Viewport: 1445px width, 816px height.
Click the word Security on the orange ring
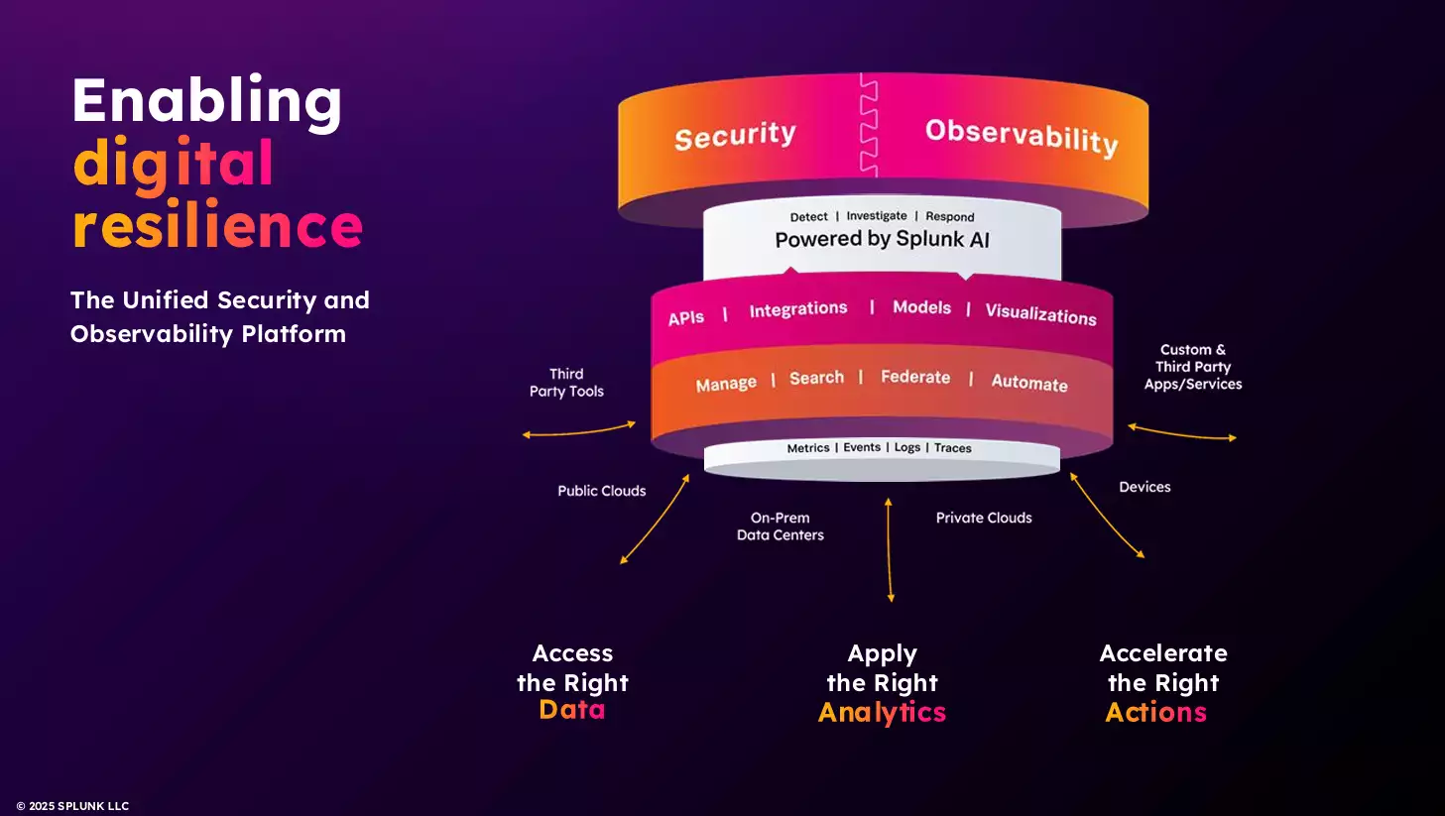point(735,136)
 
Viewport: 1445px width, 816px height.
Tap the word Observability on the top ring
point(1022,136)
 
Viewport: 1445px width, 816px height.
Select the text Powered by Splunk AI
point(882,239)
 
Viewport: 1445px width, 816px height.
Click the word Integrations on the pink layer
point(797,310)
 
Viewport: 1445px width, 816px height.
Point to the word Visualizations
point(1040,313)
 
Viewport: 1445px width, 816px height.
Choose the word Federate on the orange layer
point(914,377)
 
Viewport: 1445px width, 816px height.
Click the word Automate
point(1028,383)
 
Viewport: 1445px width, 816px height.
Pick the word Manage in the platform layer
point(726,384)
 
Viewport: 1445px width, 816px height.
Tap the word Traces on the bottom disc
point(952,448)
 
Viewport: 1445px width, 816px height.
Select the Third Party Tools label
point(566,383)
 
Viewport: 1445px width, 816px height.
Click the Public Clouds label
point(601,491)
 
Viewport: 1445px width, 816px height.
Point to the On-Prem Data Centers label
point(781,526)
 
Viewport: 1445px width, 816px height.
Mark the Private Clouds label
point(984,518)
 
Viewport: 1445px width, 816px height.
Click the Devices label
point(1144,487)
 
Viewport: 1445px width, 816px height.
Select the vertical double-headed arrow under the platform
point(890,550)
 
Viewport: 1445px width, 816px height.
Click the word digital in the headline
point(173,164)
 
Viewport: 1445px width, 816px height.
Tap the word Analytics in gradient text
point(882,712)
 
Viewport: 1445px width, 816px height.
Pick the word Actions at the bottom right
point(1155,712)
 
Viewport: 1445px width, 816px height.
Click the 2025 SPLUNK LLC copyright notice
point(72,806)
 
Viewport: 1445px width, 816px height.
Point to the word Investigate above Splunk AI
point(876,216)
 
